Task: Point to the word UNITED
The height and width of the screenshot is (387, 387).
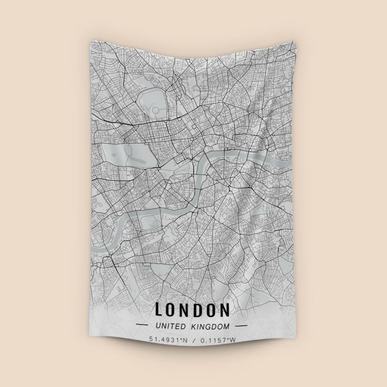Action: pos(170,326)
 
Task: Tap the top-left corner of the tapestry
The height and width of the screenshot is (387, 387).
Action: pos(90,41)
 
